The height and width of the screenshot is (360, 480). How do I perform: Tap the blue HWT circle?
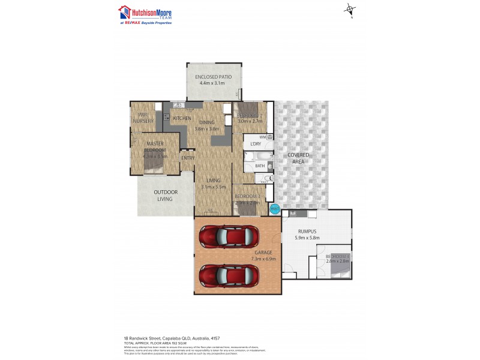pyautogui.click(x=275, y=209)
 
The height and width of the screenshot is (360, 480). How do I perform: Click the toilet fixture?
pyautogui.click(x=263, y=178)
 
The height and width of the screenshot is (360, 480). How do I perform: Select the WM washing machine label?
pyautogui.click(x=263, y=137)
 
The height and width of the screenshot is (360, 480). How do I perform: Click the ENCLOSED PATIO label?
pyautogui.click(x=213, y=77)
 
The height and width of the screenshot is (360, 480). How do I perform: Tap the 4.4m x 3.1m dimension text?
pyautogui.click(x=212, y=83)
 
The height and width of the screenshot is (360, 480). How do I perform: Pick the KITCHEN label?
pyautogui.click(x=182, y=118)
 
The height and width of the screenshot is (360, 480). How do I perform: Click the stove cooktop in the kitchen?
pyautogui.click(x=179, y=106)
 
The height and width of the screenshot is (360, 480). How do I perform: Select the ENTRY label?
pyautogui.click(x=188, y=158)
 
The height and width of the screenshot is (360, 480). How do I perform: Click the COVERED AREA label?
pyautogui.click(x=298, y=158)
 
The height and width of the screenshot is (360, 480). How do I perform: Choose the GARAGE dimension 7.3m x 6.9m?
pyautogui.click(x=262, y=259)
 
